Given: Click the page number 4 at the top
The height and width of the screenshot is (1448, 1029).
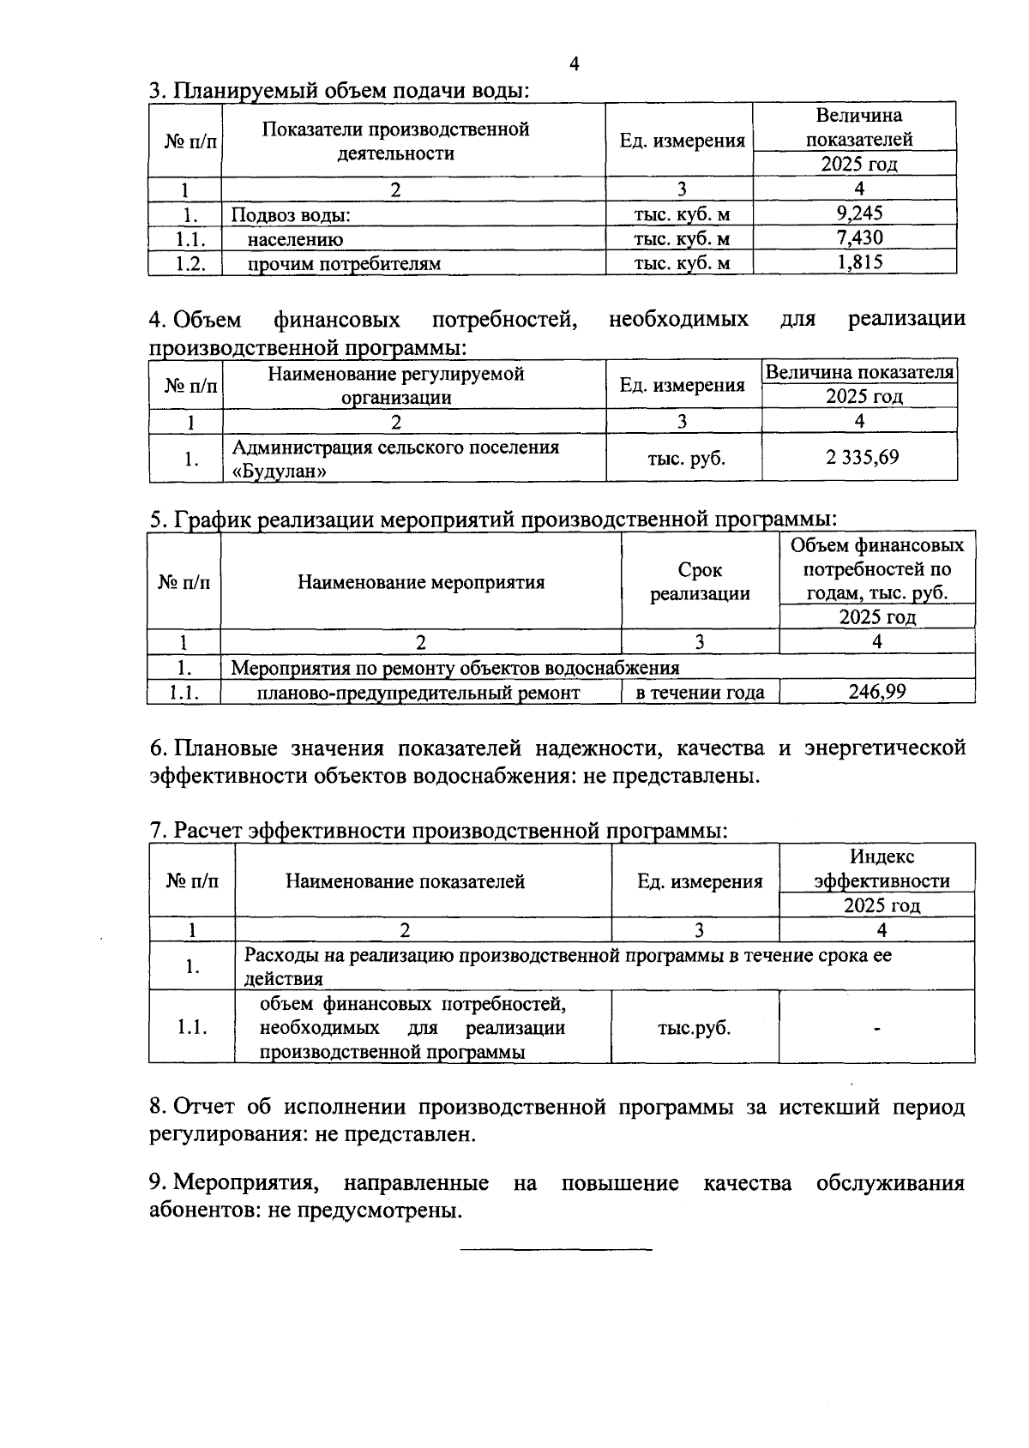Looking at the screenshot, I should [x=574, y=64].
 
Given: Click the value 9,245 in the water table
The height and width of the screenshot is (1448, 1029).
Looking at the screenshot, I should [x=859, y=213].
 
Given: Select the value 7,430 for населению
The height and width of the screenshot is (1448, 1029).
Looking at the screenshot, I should [x=859, y=237].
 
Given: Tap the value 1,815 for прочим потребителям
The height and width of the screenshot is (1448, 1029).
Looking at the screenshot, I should [x=859, y=262].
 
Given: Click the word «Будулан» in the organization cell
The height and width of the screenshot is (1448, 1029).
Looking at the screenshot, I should [x=280, y=471].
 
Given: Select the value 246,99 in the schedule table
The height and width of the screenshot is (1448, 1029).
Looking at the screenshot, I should [x=876, y=691].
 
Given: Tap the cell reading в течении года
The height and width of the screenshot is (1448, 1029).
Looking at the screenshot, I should [x=700, y=692].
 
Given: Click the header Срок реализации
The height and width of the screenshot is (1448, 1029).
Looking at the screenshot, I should [x=700, y=581].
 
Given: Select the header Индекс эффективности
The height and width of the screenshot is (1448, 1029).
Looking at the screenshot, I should [x=882, y=868].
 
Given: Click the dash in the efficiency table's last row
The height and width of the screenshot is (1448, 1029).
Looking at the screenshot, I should [x=877, y=1028].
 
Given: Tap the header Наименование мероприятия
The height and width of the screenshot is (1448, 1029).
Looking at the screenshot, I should [x=421, y=583].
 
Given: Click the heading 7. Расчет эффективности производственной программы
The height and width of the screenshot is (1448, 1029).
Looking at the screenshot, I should [x=438, y=830].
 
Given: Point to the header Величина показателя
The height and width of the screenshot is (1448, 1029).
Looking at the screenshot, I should [x=859, y=372].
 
